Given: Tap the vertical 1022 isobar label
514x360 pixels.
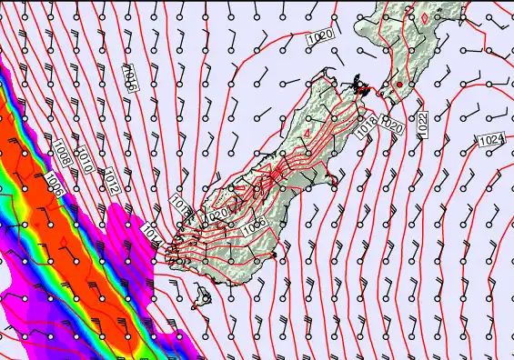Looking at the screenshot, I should click(x=422, y=126).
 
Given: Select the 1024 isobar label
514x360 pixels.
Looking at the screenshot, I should click(x=491, y=139).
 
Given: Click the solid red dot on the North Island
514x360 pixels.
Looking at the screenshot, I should click(x=398, y=85).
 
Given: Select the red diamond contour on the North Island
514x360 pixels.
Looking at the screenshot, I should click(x=424, y=15).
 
